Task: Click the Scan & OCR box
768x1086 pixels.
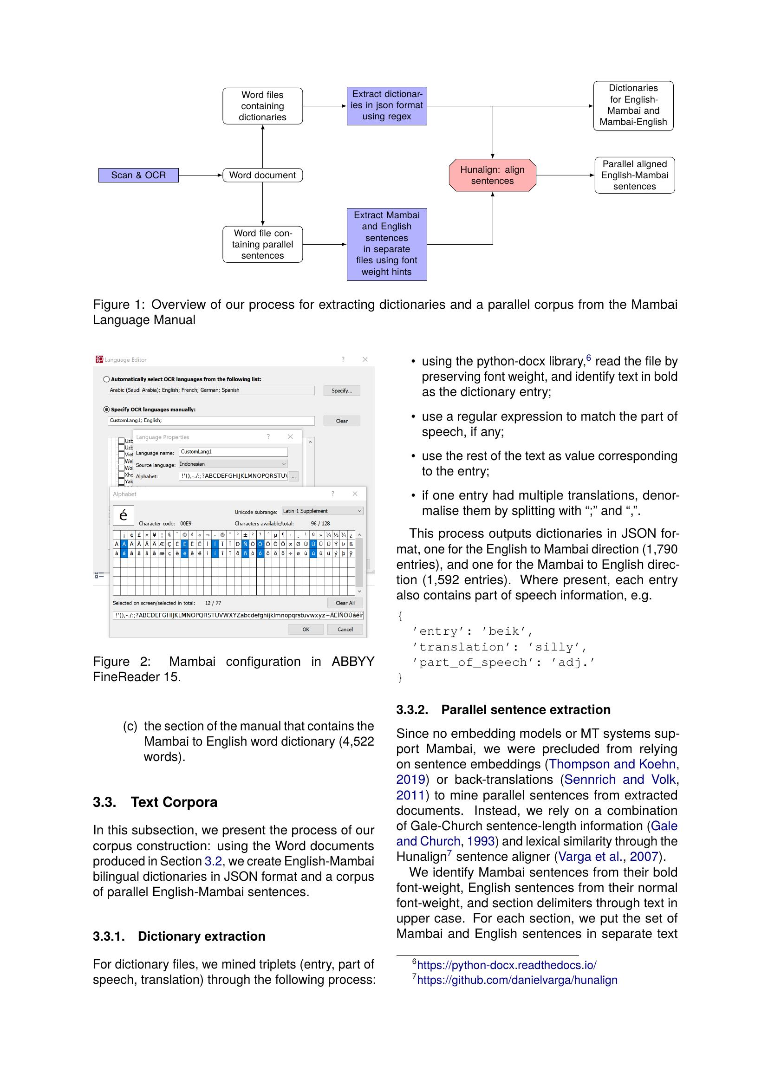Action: (138, 175)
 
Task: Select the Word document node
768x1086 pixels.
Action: (262, 175)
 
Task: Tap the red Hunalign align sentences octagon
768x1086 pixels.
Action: (492, 175)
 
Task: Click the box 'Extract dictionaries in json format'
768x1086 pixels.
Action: (386, 105)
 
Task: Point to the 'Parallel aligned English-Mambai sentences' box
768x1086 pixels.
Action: (634, 175)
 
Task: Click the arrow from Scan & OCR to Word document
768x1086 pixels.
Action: (200, 175)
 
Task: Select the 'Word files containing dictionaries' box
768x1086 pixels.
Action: (262, 106)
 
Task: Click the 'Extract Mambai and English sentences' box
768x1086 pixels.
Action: (386, 244)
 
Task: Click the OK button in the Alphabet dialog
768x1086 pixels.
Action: (306, 629)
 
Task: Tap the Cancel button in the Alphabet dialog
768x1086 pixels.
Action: (345, 629)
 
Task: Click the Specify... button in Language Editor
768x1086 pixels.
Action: (341, 390)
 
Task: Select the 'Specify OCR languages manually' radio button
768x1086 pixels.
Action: (106, 410)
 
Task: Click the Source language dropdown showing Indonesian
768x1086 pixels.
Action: (233, 464)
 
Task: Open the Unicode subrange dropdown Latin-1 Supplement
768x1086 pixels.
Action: (322, 511)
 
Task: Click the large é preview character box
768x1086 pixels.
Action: (124, 515)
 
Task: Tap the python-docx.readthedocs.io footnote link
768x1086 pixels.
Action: (506, 965)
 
